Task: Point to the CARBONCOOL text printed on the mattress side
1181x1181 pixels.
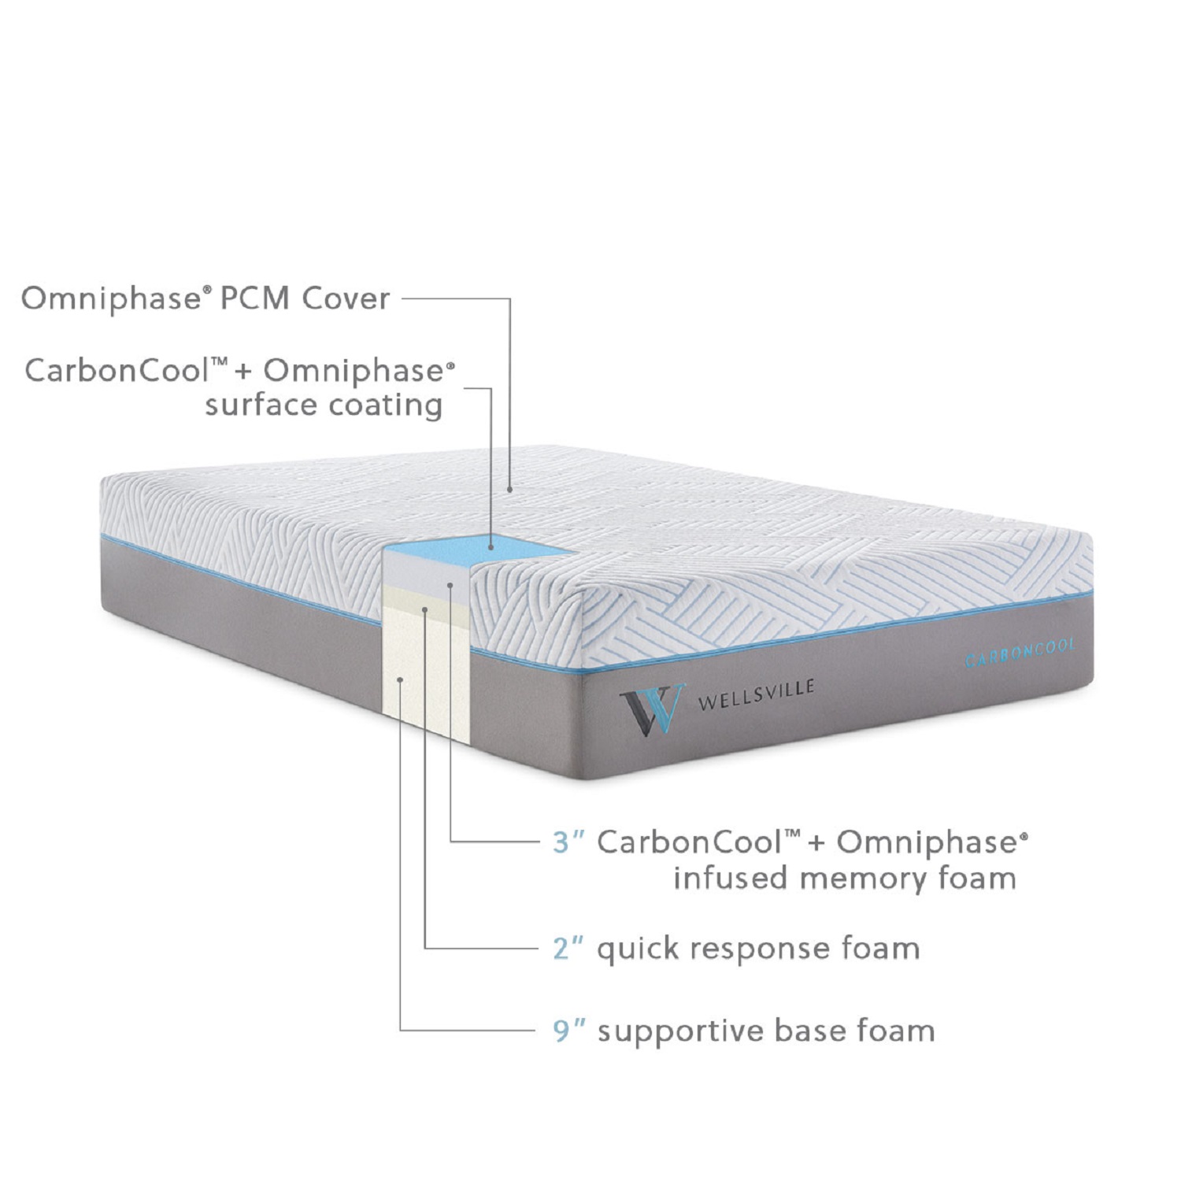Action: coord(1020,653)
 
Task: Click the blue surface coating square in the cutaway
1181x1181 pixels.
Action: coord(477,548)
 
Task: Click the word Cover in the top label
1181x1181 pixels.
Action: coord(347,298)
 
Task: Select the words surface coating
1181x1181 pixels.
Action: coord(324,405)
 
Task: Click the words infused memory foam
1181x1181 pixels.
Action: coord(845,878)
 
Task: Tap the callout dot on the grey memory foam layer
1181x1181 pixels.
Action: coord(450,584)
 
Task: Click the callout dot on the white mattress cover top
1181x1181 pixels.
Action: coord(510,489)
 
